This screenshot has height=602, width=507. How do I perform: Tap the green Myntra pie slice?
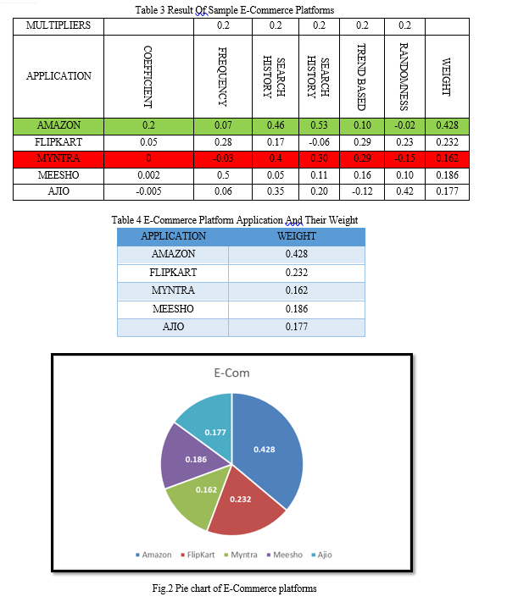click(x=198, y=495)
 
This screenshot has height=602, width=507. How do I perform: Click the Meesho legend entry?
click(x=285, y=555)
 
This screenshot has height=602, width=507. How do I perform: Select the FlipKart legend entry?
click(x=198, y=555)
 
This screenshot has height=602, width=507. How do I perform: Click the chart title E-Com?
click(x=231, y=373)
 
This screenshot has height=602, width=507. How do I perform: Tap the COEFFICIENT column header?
click(x=148, y=77)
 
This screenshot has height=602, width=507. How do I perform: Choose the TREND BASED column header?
click(x=361, y=77)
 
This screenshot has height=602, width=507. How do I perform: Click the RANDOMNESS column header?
click(x=404, y=77)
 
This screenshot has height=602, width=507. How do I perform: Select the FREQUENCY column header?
click(x=223, y=77)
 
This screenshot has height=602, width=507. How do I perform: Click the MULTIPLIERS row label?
click(x=58, y=25)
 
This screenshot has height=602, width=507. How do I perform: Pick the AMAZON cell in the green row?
click(x=58, y=125)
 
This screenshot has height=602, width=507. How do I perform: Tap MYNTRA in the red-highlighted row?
click(x=58, y=158)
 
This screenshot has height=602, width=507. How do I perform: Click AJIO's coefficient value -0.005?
click(x=148, y=191)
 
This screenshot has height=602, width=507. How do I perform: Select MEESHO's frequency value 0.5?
click(x=223, y=175)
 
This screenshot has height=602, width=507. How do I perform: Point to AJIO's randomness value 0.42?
click(x=404, y=191)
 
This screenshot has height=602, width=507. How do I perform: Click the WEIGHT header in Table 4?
click(x=297, y=236)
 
